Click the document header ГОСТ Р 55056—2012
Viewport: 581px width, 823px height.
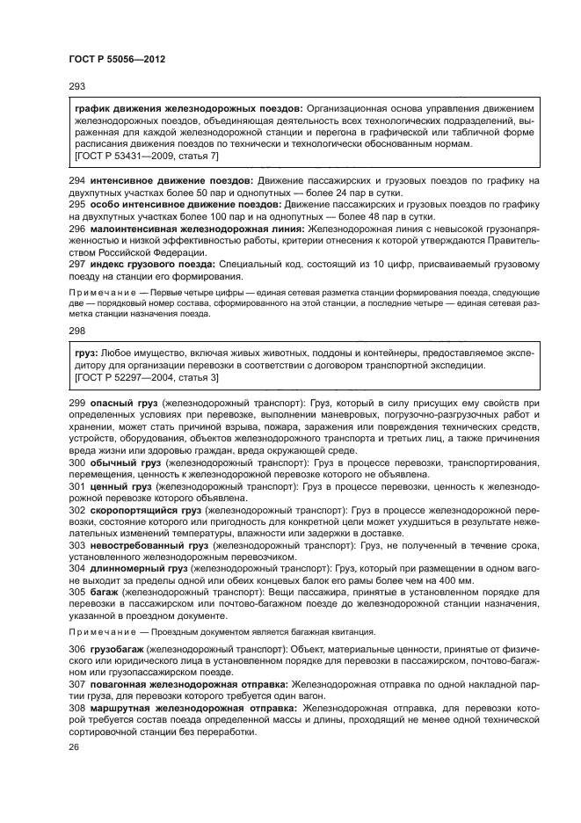click(117, 57)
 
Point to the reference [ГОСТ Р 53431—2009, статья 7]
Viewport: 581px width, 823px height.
click(148, 155)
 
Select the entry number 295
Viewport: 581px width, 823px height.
click(75, 203)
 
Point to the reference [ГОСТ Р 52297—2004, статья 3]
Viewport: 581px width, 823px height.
click(148, 377)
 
